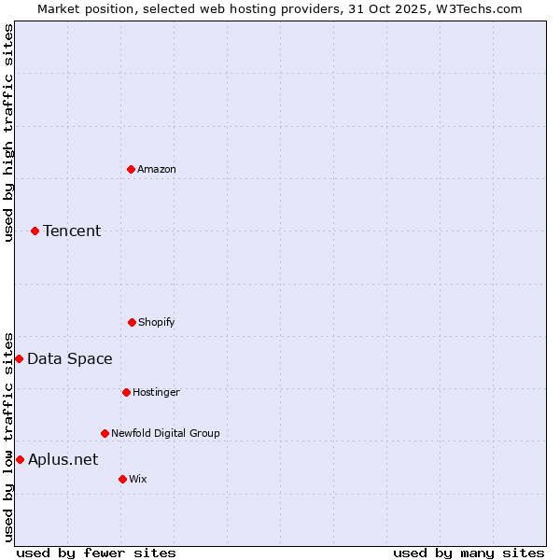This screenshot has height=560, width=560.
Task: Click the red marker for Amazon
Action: (x=131, y=169)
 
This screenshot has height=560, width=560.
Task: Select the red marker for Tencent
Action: (x=35, y=231)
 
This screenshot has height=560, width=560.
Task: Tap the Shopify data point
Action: (x=132, y=322)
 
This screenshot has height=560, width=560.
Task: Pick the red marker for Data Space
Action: (x=19, y=358)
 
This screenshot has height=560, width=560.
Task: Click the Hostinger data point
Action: (x=126, y=392)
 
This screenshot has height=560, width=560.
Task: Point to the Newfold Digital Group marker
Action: (x=105, y=433)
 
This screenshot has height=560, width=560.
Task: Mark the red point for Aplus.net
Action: (x=20, y=459)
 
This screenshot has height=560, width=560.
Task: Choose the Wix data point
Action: (x=122, y=479)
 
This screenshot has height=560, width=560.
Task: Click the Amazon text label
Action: (x=157, y=169)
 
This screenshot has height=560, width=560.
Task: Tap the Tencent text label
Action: (x=72, y=231)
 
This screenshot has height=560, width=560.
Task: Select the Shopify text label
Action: (x=157, y=322)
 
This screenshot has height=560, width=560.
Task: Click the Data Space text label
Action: (x=70, y=358)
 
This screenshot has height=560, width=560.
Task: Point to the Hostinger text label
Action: (x=156, y=392)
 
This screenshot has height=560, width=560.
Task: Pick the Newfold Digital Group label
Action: (x=165, y=433)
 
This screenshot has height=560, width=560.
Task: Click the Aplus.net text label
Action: (x=63, y=459)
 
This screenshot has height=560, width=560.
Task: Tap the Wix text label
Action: (x=138, y=479)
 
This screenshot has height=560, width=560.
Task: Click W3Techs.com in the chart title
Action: (x=477, y=8)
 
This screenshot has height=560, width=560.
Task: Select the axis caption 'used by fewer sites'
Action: (x=96, y=553)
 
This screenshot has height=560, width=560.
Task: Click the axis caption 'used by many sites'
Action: (x=469, y=553)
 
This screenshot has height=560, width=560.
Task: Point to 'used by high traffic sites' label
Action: (x=8, y=133)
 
